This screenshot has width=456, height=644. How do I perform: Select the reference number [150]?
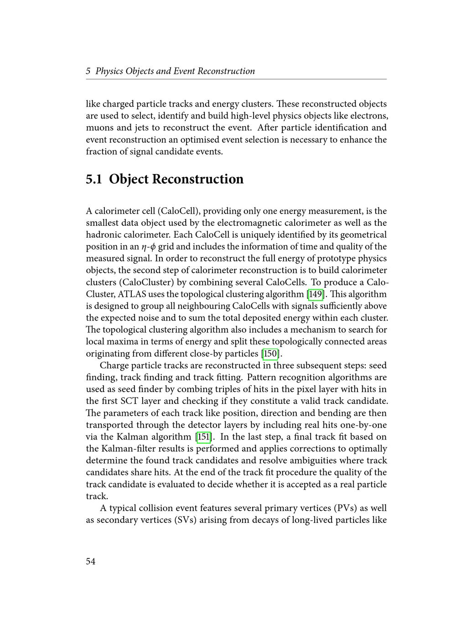click(x=270, y=353)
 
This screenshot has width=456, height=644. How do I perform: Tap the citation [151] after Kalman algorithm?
click(x=203, y=437)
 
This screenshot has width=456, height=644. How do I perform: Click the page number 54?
click(x=91, y=561)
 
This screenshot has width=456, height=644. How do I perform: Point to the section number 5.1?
click(x=94, y=179)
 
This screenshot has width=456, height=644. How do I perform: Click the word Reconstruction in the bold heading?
click(x=197, y=179)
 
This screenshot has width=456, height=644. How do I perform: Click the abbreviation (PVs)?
click(x=347, y=508)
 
